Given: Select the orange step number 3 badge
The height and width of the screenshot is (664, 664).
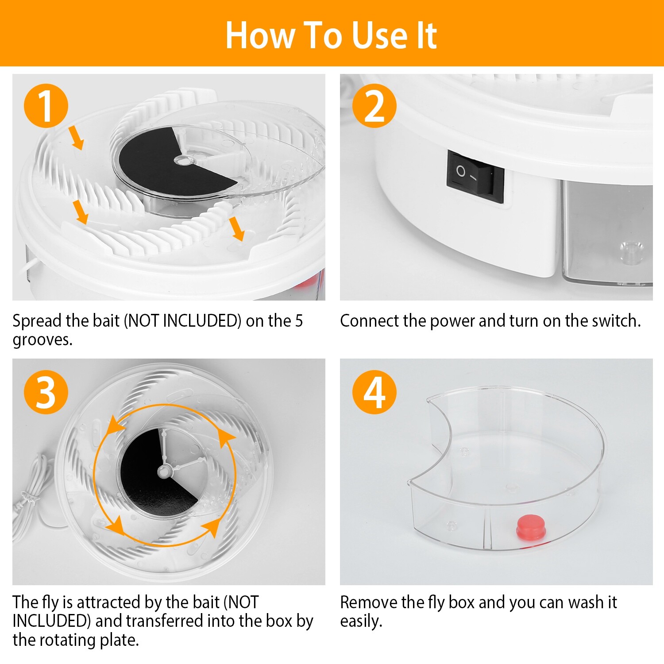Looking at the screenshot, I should (x=46, y=392).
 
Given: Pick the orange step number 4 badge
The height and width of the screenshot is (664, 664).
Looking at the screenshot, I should (x=374, y=392).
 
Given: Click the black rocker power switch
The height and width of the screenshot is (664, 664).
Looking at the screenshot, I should (x=475, y=176).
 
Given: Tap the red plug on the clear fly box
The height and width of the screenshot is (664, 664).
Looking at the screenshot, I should (x=531, y=527).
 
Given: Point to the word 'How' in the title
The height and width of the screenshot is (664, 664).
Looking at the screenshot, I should (x=259, y=35).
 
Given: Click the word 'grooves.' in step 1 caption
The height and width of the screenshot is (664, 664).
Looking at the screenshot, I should (x=42, y=340).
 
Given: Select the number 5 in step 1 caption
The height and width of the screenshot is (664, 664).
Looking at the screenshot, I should (x=299, y=321).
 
